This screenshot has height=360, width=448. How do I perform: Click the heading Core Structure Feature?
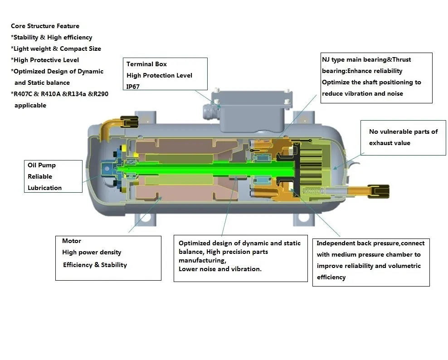(x=45, y=26)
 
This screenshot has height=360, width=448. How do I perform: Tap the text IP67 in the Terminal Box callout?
(x=133, y=86)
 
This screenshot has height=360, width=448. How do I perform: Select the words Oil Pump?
(x=42, y=165)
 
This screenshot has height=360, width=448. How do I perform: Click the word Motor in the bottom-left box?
(x=72, y=241)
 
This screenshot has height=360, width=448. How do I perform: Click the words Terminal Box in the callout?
(x=146, y=64)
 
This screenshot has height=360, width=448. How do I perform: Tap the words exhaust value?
(x=390, y=143)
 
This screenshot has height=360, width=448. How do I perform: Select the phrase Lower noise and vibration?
(x=220, y=269)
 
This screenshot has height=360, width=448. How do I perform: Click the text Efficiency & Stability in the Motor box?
(x=95, y=265)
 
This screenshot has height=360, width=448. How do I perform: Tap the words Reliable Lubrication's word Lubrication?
(x=44, y=188)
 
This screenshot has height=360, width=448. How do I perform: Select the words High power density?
(x=92, y=252)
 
